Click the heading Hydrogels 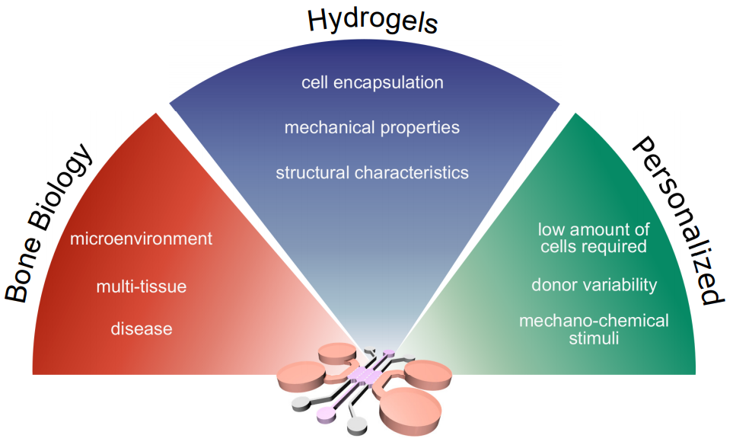(x=372, y=21)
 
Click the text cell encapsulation (x=372, y=82)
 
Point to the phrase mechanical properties (x=372, y=127)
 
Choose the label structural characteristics (x=372, y=172)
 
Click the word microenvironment (x=141, y=239)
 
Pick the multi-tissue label (x=141, y=287)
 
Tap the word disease (x=141, y=329)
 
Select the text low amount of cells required (x=593, y=238)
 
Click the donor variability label (x=594, y=285)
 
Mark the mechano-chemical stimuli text (x=594, y=328)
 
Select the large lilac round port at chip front (x=327, y=414)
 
